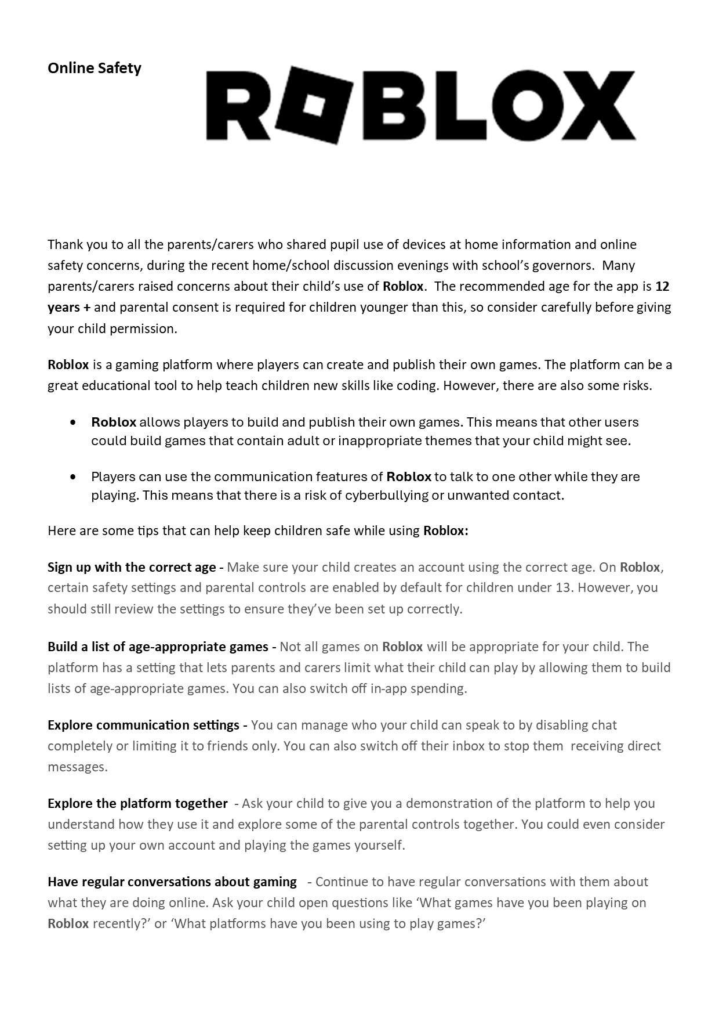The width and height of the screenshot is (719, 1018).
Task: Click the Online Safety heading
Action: (x=95, y=68)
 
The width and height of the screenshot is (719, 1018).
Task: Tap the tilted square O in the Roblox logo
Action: (x=315, y=104)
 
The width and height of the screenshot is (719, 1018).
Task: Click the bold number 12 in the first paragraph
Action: (x=662, y=287)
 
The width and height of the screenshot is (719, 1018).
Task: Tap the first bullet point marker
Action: (x=72, y=423)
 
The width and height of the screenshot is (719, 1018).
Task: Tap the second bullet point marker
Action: (x=72, y=477)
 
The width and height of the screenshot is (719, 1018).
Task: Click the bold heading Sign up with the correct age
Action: (x=132, y=567)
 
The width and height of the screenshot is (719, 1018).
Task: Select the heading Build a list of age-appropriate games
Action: (x=158, y=647)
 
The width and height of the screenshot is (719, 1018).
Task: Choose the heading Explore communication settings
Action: (x=143, y=725)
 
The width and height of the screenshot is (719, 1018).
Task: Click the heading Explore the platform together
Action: (x=137, y=803)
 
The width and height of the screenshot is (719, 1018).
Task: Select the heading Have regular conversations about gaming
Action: (x=172, y=882)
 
